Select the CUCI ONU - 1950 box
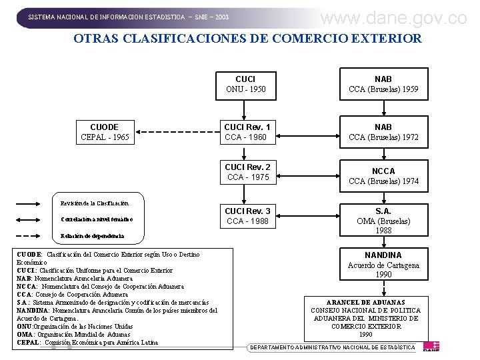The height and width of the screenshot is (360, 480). (245, 84)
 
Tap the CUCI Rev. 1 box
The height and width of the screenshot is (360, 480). (247, 132)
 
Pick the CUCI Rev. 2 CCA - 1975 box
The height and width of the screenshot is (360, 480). (247, 172)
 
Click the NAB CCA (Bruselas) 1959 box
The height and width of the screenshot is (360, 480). (383, 84)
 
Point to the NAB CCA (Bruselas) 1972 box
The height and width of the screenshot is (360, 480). (383, 132)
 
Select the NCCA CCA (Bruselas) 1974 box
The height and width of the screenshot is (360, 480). (383, 176)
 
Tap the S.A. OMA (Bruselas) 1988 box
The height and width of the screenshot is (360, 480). (383, 221)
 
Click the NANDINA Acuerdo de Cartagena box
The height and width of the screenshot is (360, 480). (383, 265)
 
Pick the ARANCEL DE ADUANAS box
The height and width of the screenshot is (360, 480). (366, 314)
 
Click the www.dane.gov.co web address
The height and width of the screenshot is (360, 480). (393, 18)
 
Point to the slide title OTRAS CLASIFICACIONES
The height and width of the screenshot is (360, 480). (247, 38)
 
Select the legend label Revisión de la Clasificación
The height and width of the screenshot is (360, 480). (93, 203)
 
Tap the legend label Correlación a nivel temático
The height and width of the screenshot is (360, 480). (97, 219)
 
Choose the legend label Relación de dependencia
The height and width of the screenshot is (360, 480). (91, 236)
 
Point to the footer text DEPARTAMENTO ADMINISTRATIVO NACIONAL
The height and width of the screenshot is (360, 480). (332, 347)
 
